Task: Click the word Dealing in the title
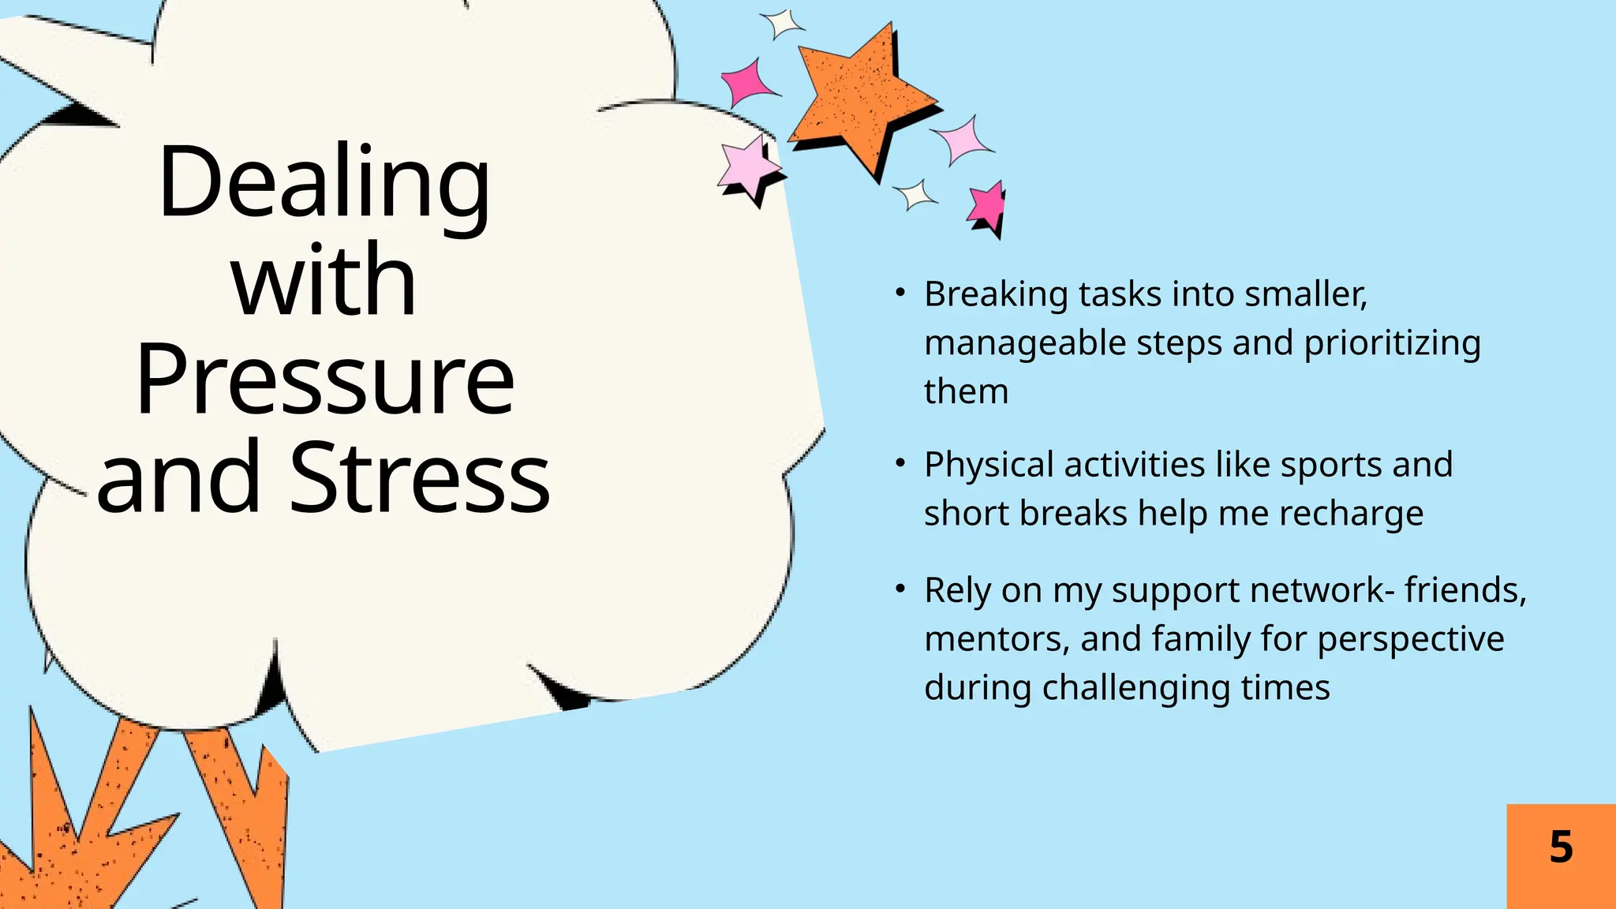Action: click(x=324, y=183)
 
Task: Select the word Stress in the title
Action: click(x=421, y=477)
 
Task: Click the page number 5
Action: click(x=1561, y=847)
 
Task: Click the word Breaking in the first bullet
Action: click(x=996, y=294)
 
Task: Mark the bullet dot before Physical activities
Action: click(x=900, y=464)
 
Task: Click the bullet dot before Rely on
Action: click(x=900, y=589)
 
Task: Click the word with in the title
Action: click(x=324, y=280)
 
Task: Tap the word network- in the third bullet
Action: click(x=1322, y=590)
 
